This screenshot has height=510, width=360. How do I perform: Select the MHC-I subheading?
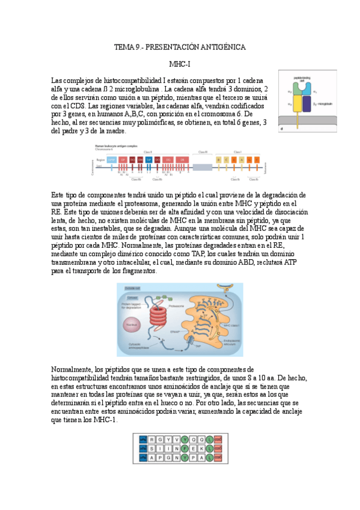(x=180, y=63)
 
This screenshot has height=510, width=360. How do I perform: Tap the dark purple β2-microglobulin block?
(x=307, y=104)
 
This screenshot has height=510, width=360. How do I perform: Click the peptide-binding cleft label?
(x=302, y=79)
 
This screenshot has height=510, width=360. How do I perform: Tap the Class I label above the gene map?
(x=238, y=152)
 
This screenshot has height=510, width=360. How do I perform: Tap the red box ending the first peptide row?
(x=217, y=439)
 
